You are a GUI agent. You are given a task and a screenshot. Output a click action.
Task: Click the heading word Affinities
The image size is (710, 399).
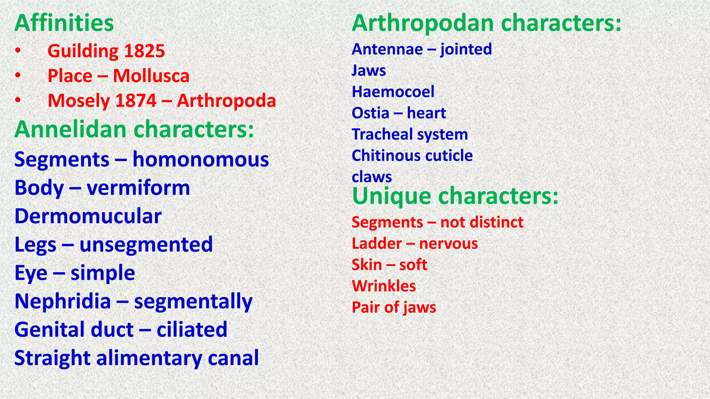(64, 23)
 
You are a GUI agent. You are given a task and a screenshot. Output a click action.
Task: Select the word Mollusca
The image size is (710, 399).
(151, 76)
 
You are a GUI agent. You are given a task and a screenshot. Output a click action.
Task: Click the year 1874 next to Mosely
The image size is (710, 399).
(136, 101)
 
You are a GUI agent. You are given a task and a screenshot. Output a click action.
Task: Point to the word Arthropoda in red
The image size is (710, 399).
(226, 101)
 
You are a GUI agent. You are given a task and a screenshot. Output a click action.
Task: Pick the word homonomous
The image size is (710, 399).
(201, 160)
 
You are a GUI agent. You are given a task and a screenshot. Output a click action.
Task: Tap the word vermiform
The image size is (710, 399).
(138, 188)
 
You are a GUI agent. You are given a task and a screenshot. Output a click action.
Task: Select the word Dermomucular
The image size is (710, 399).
(88, 216)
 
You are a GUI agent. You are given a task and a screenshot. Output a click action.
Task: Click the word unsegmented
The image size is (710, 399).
(146, 245)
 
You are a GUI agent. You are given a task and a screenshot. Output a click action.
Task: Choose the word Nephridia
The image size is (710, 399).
(63, 301)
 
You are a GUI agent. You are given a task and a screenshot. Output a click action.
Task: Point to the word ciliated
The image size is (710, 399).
(192, 329)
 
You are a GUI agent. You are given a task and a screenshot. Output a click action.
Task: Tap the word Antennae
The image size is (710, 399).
(387, 49)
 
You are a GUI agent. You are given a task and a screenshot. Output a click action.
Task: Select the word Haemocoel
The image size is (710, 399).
(393, 92)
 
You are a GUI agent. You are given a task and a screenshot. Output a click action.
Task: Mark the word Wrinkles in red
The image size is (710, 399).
(384, 286)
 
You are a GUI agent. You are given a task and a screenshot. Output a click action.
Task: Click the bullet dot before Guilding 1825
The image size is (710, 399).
(18, 51)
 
